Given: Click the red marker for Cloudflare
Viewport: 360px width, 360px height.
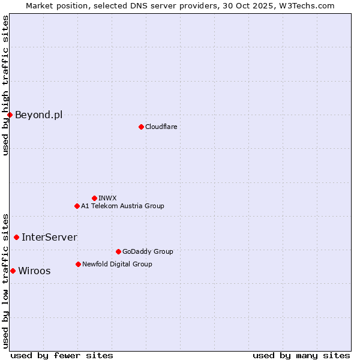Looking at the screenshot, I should (x=141, y=127).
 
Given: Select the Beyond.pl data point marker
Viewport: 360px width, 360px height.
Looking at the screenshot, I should (x=10, y=115).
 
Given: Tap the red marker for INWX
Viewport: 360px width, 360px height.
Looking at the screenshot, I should (x=94, y=198).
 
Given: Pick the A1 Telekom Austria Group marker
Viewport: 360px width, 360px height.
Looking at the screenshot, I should (x=77, y=206).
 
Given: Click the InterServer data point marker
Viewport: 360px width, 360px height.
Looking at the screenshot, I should (x=16, y=237).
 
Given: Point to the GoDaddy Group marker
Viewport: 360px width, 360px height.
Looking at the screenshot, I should (x=118, y=251).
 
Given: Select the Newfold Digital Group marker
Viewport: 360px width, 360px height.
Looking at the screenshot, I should (x=78, y=264).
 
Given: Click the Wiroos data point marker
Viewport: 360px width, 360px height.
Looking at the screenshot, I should (x=13, y=271).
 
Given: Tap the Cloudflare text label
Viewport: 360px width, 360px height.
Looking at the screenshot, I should (x=161, y=127).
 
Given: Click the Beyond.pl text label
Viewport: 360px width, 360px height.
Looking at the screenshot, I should (x=38, y=115).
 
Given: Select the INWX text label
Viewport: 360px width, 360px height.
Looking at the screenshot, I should (x=107, y=198).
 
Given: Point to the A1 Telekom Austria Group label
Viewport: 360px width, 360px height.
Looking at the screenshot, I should (x=122, y=206).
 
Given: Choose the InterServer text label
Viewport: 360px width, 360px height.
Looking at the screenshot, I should (x=49, y=237).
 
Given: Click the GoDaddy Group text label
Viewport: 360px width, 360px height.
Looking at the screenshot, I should (x=148, y=251).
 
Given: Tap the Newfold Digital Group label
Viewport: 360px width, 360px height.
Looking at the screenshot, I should (x=117, y=264).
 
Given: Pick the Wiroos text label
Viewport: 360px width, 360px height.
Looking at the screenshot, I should (x=34, y=271).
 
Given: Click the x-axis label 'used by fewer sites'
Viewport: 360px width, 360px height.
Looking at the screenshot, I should (x=62, y=355).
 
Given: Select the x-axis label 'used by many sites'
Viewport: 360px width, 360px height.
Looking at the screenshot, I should (x=301, y=355).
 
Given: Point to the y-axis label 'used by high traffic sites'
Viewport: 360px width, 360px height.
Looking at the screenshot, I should (x=5, y=85).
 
